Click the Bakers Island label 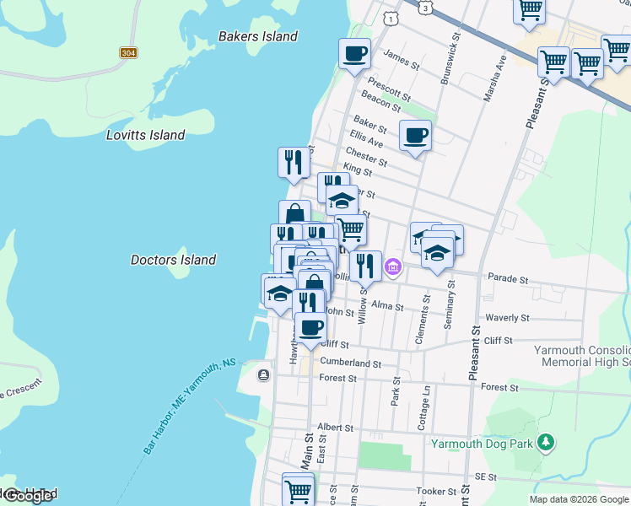click(257, 36)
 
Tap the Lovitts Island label click(145, 135)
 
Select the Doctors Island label click(173, 260)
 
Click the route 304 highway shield click(128, 53)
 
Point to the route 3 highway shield click(427, 7)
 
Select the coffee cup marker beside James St click(354, 54)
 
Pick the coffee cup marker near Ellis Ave click(415, 135)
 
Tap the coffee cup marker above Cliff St click(310, 327)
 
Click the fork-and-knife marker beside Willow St click(365, 266)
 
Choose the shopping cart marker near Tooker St click(298, 489)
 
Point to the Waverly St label click(507, 319)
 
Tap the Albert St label click(335, 428)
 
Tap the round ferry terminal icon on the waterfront click(264, 374)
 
